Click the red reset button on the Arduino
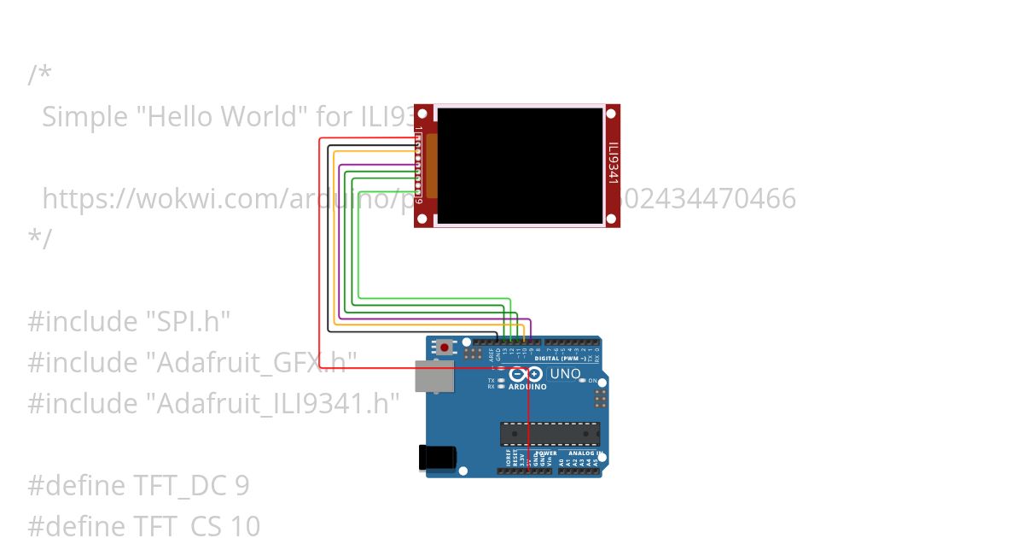point(445,348)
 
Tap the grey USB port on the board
point(433,376)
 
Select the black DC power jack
point(436,458)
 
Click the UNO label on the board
point(565,374)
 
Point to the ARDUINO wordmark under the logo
point(527,386)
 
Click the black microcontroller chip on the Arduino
point(550,434)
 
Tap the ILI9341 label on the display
point(613,163)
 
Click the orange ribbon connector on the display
point(431,163)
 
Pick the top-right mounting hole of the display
point(612,113)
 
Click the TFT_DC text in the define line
point(180,486)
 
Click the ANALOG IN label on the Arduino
point(579,453)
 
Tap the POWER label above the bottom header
point(546,453)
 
